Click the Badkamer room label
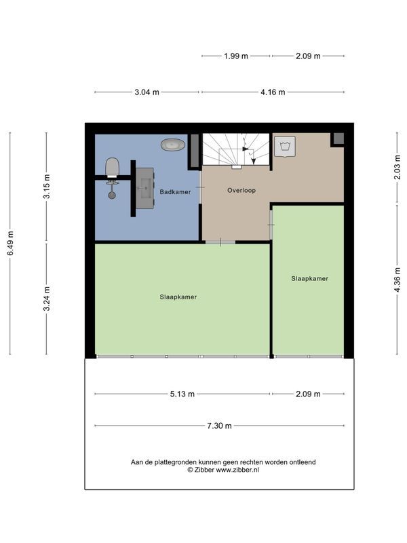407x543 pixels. pos(175,192)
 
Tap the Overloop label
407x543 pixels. pos(241,190)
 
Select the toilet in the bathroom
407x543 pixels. pos(112,167)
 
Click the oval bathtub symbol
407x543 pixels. pos(173,145)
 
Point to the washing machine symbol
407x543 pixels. pos(285,147)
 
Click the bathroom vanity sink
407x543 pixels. pos(144,189)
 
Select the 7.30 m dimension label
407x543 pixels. pos(219,426)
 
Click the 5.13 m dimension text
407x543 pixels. pos(182,394)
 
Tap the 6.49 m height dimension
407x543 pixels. pos(10,243)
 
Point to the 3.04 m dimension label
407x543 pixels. pos(147,92)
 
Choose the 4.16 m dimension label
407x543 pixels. pos(273,92)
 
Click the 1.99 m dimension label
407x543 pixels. pos(236,56)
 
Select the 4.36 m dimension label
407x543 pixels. pos(398,280)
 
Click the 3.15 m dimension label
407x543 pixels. pos(47,186)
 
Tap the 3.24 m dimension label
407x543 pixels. pos(47,299)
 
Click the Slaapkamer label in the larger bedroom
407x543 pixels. pos(178,297)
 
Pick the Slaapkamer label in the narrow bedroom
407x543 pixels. pos(310,278)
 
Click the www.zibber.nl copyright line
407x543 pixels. pos(223,470)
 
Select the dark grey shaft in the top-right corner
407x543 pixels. pos(338,139)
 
